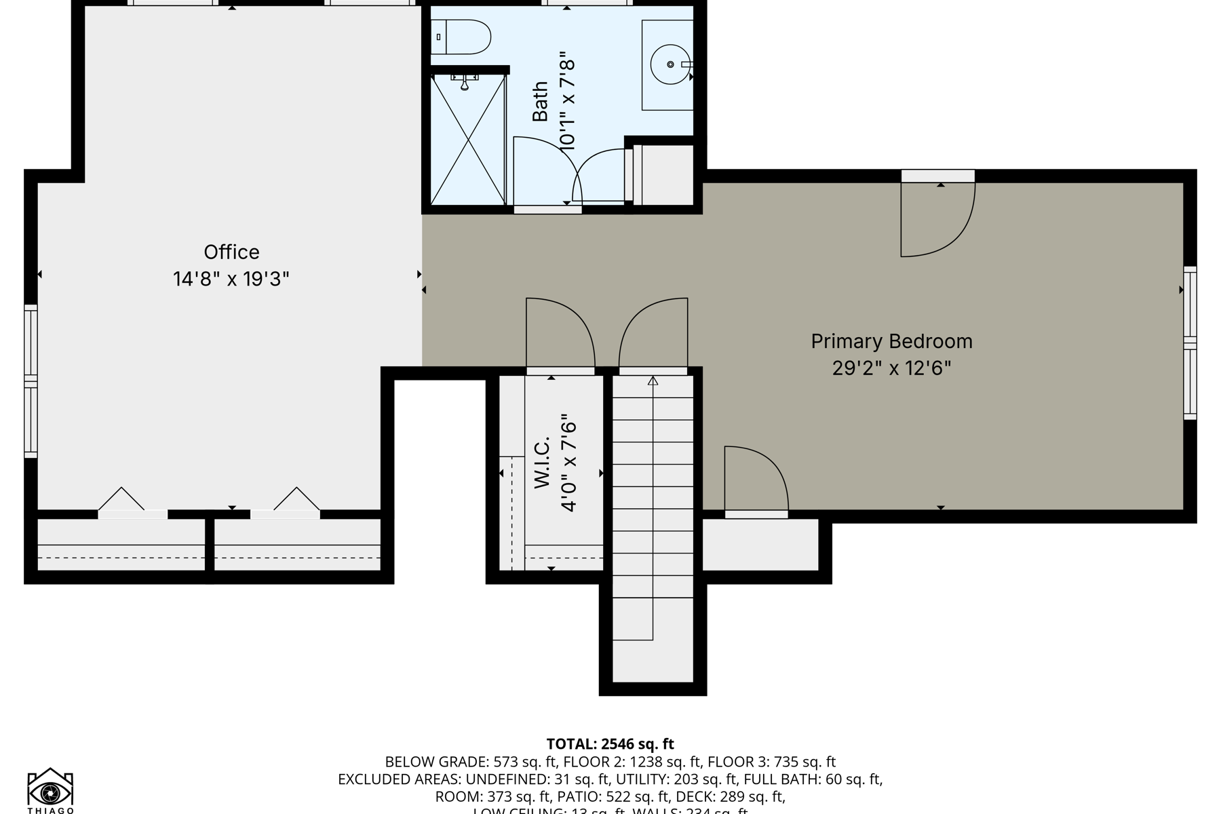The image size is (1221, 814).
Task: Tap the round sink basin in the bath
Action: click(x=670, y=64)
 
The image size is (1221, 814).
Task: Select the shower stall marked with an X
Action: click(x=468, y=140)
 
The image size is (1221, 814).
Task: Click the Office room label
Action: click(x=231, y=252)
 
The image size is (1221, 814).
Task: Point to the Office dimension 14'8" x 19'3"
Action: click(x=231, y=279)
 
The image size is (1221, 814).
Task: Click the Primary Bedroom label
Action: click(x=891, y=341)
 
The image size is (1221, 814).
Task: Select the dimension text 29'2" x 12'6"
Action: click(x=891, y=368)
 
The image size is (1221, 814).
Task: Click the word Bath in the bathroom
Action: click(x=540, y=102)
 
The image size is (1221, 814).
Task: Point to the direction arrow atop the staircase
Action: click(x=653, y=381)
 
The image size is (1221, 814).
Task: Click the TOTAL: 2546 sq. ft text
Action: click(x=610, y=744)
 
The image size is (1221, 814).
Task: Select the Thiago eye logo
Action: click(x=50, y=791)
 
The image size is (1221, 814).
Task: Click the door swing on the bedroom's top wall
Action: click(x=936, y=217)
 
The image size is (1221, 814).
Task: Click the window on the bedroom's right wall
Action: click(x=1190, y=343)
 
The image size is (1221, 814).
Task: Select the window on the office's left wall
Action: click(x=31, y=381)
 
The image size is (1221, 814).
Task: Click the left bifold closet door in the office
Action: click(x=122, y=500)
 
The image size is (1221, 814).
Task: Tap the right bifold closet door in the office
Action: click(x=296, y=500)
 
